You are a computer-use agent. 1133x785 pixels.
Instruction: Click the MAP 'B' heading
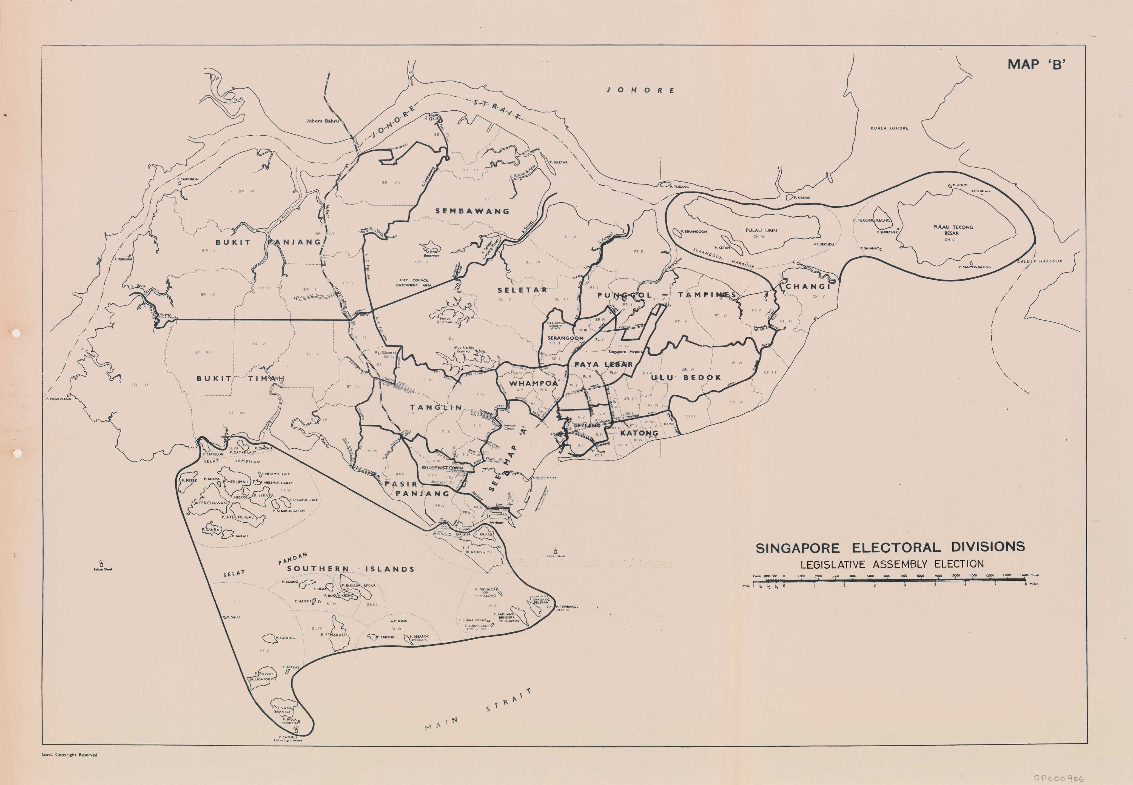(1036, 64)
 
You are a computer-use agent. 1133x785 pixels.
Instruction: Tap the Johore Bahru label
(322, 121)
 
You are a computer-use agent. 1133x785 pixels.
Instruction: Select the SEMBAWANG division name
(472, 211)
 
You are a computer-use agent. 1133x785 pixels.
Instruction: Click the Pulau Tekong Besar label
(953, 230)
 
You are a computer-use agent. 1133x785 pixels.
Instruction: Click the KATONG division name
(639, 433)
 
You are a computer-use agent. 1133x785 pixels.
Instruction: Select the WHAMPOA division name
(533, 383)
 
